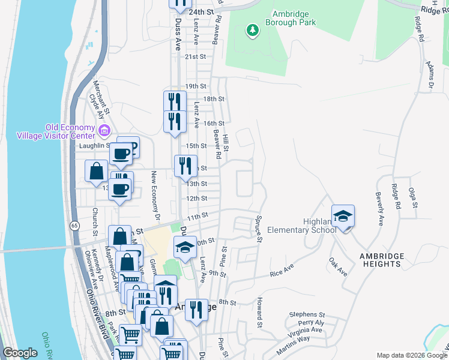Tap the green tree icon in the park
253,29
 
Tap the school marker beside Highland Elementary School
343,217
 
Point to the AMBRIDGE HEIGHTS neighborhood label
388,260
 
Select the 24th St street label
201,12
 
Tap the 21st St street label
196,57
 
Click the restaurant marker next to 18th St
175,101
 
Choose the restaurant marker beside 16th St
175,121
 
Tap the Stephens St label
306,314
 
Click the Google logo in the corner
20,353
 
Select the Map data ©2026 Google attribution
411,355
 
